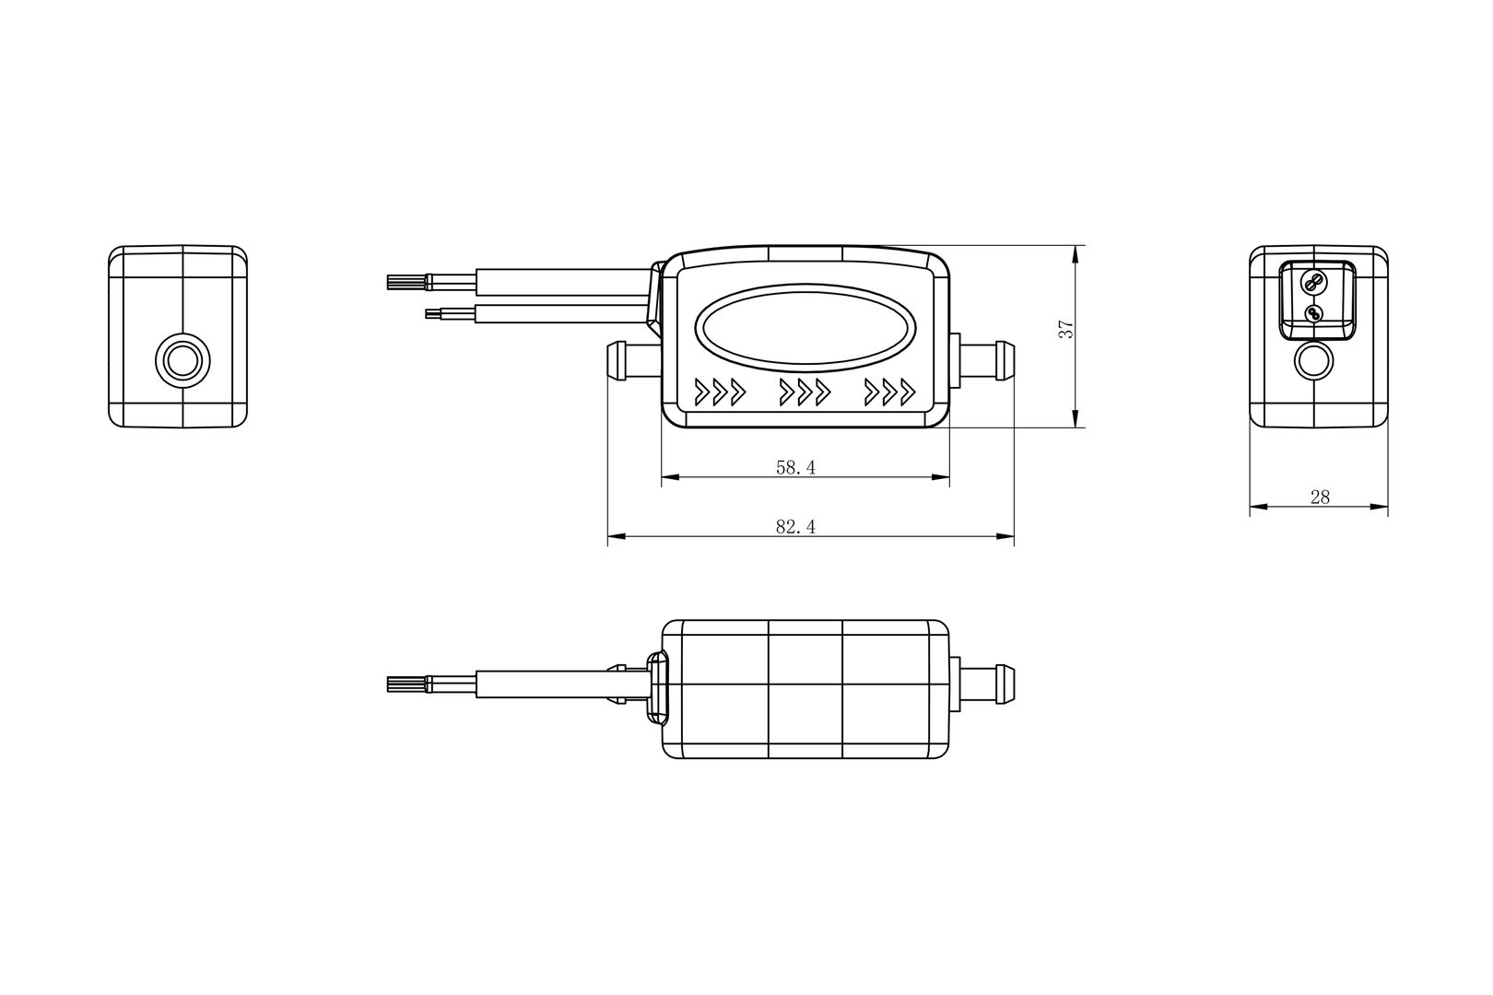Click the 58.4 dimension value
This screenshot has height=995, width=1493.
[x=795, y=468]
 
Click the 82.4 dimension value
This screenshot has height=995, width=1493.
[x=795, y=527]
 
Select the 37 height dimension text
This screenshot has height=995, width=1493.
[x=1066, y=329]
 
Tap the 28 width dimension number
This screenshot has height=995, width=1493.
[x=1320, y=497]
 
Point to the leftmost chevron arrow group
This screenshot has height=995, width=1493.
[x=720, y=392]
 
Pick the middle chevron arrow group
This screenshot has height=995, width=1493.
[x=805, y=392]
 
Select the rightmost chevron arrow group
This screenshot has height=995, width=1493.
[x=889, y=392]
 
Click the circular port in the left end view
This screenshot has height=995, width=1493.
[x=182, y=361]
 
